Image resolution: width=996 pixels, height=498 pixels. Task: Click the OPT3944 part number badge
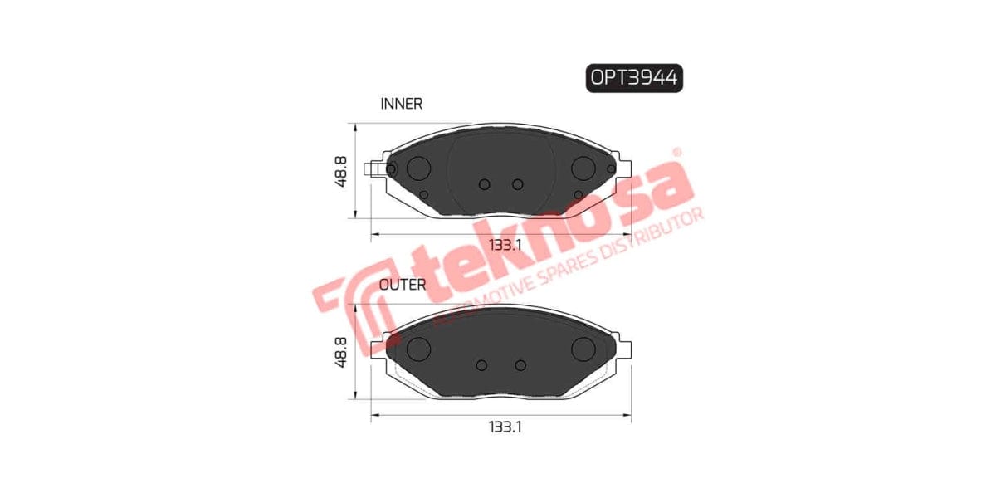(634, 78)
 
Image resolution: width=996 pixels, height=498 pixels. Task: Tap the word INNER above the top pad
(402, 104)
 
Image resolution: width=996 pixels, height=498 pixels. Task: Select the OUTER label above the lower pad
(403, 285)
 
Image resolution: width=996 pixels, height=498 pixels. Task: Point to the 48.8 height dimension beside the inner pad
(341, 171)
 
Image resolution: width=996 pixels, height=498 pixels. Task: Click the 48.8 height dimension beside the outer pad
(341, 352)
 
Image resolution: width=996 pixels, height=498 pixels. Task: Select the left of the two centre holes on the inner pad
(486, 184)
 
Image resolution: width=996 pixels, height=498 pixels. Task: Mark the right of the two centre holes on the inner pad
(518, 184)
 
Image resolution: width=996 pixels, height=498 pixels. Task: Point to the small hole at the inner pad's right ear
(611, 169)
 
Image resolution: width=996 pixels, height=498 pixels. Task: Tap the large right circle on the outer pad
(585, 349)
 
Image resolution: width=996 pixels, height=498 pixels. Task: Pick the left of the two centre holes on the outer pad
(482, 365)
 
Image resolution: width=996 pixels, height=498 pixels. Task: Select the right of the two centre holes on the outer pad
(520, 365)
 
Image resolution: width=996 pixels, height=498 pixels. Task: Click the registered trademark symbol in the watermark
(676, 153)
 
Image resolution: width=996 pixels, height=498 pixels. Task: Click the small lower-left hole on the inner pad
(424, 195)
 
